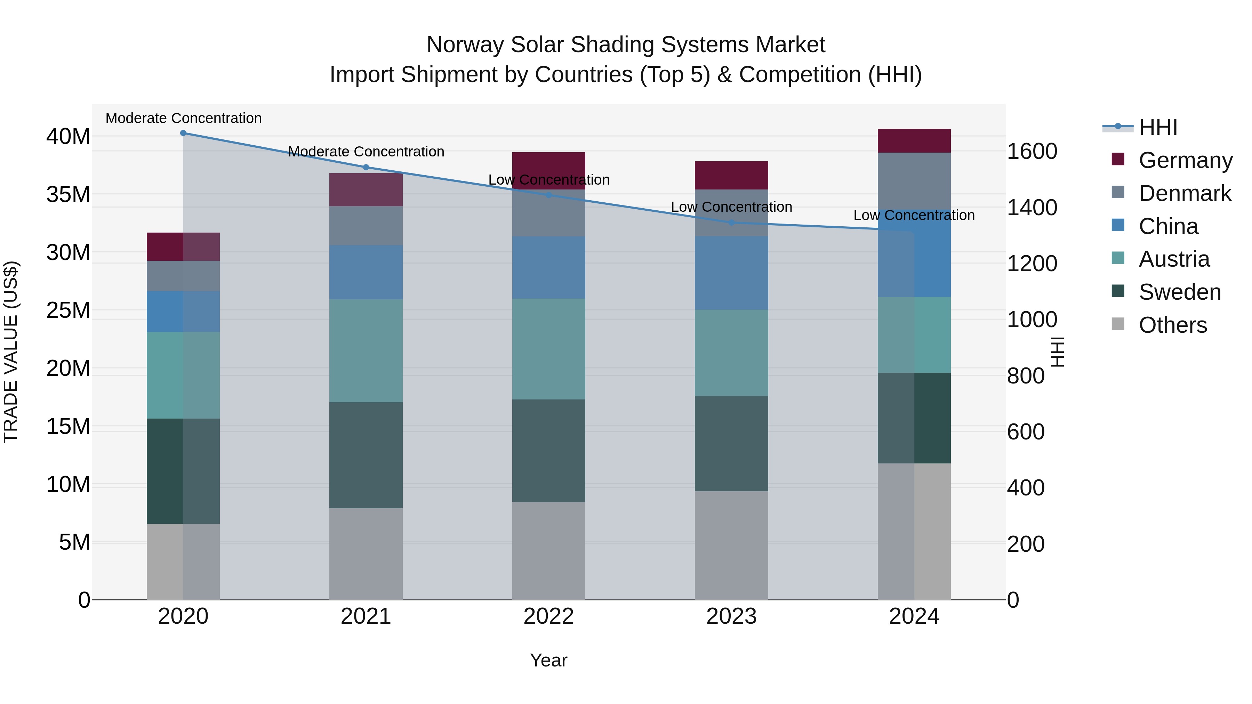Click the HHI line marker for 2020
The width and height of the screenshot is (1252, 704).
click(183, 133)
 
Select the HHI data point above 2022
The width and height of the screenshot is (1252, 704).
click(549, 195)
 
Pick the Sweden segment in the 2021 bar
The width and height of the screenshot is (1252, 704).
click(366, 455)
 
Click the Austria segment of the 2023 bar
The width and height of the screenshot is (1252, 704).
click(731, 353)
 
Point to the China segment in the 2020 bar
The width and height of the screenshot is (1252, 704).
click(183, 311)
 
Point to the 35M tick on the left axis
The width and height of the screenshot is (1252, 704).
click(68, 194)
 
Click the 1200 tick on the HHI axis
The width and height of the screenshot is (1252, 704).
click(1032, 264)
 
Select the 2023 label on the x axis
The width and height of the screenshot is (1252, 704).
click(731, 616)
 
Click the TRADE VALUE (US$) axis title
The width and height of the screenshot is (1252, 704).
click(11, 352)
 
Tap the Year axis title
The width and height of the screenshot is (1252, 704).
click(549, 660)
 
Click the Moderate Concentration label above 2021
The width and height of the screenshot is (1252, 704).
click(366, 152)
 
